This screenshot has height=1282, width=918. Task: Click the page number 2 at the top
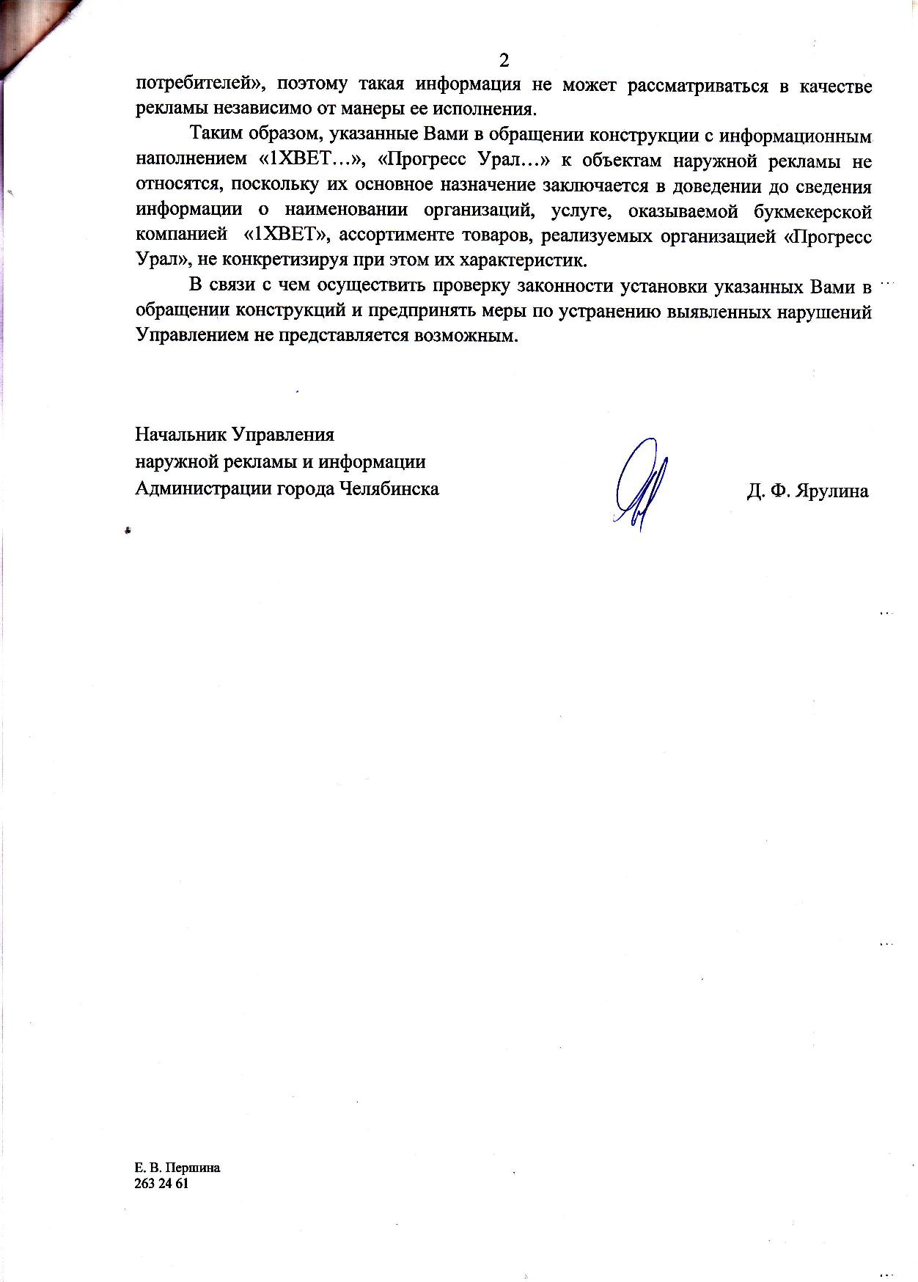[503, 59]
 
